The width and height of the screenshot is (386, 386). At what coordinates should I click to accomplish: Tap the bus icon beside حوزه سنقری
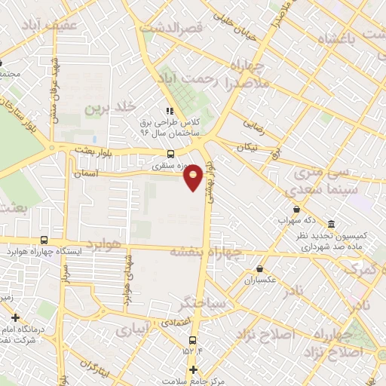click(170, 151)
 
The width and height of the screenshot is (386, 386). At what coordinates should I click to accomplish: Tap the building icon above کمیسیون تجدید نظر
click(331, 223)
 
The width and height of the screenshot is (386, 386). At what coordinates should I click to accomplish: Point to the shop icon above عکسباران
click(260, 268)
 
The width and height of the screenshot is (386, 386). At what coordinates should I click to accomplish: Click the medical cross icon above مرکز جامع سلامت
click(194, 370)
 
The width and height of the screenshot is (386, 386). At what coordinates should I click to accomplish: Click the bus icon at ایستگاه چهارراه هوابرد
click(43, 240)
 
